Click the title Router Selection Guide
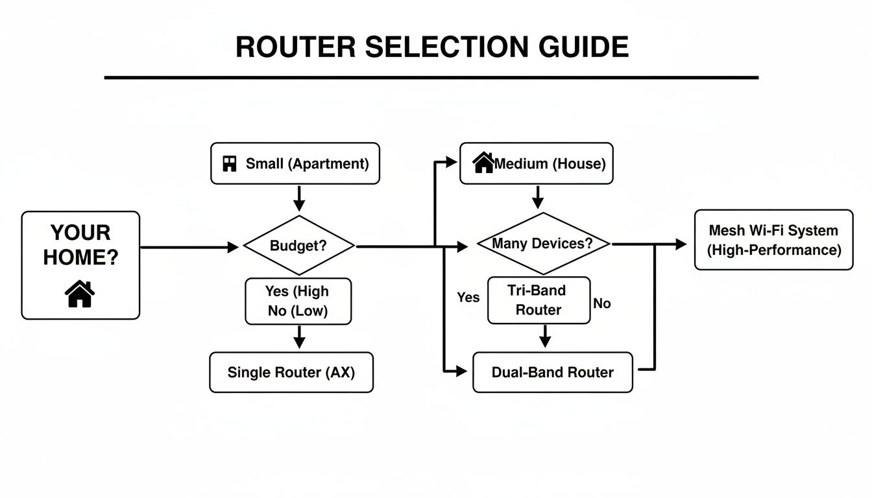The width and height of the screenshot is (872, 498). (x=431, y=47)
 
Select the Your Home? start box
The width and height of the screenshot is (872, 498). (x=80, y=265)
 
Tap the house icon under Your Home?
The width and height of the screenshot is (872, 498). (x=80, y=294)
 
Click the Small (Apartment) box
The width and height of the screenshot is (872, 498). (x=295, y=163)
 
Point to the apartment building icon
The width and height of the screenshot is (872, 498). (x=229, y=163)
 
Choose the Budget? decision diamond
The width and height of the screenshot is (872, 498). (x=298, y=246)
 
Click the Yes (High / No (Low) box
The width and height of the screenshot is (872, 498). (x=298, y=301)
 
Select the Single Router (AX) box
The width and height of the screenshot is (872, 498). (x=291, y=372)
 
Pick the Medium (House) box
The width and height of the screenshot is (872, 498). (x=536, y=163)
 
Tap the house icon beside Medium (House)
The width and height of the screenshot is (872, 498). (x=484, y=163)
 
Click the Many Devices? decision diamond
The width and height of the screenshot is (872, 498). (x=543, y=244)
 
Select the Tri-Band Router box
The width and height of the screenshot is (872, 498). (x=539, y=300)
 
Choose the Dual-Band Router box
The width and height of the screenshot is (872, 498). (x=552, y=372)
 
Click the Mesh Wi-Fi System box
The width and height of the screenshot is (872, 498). (x=773, y=240)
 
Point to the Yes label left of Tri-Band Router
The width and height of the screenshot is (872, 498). (x=468, y=297)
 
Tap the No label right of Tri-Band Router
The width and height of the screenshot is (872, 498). (x=601, y=303)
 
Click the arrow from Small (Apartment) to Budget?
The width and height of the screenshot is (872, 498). (x=298, y=198)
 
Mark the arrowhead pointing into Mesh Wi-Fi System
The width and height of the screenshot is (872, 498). (x=681, y=244)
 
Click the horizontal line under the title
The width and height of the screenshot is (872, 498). (x=431, y=77)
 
